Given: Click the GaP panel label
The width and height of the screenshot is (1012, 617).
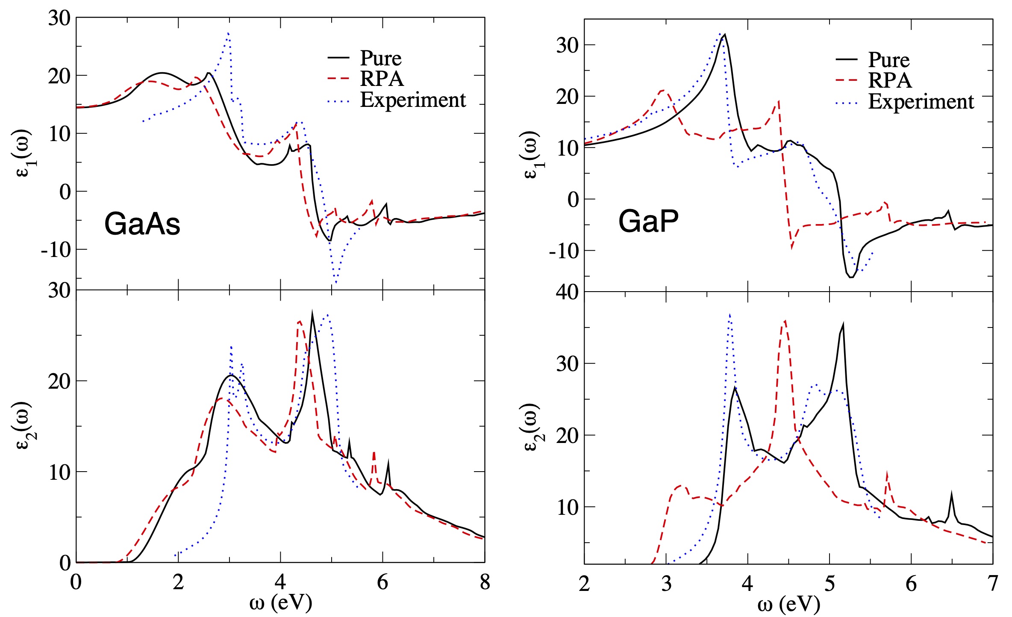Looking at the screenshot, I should (648, 222).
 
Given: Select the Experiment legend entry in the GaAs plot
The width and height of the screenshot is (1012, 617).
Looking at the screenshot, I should (412, 100).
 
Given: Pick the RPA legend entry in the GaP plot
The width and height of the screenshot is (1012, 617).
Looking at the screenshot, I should (890, 80).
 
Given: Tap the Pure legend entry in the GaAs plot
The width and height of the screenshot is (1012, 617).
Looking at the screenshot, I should (380, 58).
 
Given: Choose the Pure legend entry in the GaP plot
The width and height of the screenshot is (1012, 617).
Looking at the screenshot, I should (888, 60).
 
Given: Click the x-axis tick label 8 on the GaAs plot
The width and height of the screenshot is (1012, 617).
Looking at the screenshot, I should (485, 582).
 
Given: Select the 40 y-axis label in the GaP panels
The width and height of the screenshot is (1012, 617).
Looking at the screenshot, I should (567, 292).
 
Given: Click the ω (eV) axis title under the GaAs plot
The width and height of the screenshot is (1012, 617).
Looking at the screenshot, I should (281, 603).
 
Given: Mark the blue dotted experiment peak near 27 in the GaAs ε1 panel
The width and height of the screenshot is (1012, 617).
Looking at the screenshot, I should (229, 33).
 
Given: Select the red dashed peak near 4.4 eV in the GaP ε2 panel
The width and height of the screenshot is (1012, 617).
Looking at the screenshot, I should (785, 321).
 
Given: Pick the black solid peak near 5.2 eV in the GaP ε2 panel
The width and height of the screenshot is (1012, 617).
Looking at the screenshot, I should (843, 324).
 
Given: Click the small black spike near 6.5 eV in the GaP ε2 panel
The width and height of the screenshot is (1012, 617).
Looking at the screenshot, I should (951, 493).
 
